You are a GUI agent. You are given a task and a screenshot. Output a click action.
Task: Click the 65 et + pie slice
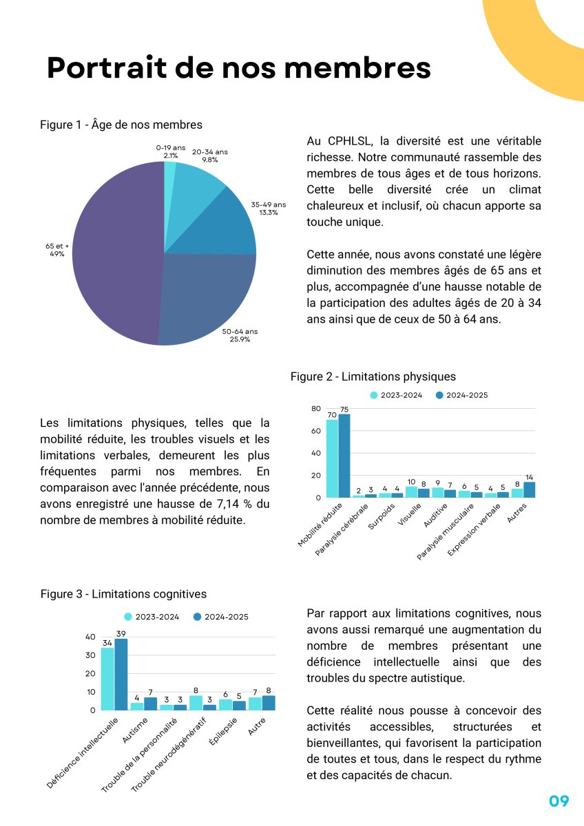[x=117, y=262]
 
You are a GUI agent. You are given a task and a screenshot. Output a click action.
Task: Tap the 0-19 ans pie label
[x=170, y=152]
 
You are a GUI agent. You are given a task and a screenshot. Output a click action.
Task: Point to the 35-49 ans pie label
[x=268, y=209]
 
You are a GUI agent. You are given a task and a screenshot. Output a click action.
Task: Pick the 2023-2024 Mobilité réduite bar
[x=332, y=458]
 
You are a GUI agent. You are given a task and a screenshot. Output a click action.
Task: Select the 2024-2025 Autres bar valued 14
[x=529, y=489]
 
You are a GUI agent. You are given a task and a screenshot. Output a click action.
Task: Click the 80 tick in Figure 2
[x=316, y=409]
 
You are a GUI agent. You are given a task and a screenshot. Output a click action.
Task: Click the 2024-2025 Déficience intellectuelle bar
[x=121, y=675]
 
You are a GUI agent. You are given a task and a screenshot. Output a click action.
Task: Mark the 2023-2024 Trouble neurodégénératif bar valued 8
[x=196, y=703]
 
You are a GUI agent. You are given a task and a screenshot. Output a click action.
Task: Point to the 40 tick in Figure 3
[x=90, y=637]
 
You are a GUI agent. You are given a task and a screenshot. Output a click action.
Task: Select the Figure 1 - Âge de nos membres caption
[x=121, y=125]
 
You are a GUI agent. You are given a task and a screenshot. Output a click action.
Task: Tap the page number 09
[x=559, y=801]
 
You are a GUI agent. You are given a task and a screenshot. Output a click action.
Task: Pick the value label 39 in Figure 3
[x=121, y=633]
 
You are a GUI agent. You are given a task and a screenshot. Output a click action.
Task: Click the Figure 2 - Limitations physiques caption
[x=373, y=377]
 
